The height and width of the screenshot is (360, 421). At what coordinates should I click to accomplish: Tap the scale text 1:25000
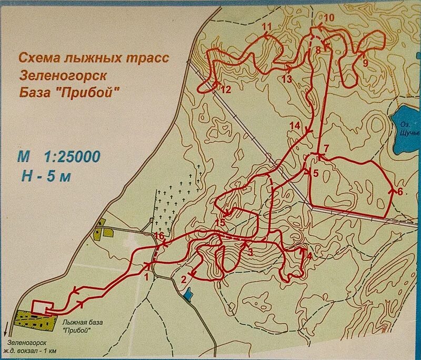71,156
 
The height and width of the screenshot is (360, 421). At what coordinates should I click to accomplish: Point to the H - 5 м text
46,176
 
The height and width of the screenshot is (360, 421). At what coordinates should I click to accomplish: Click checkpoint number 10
329,18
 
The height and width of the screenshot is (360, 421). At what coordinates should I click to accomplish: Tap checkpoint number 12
225,89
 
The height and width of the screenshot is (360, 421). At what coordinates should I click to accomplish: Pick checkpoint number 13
286,79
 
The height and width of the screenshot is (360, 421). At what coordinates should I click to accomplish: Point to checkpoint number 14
294,126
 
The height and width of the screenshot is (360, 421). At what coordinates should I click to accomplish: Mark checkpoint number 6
399,192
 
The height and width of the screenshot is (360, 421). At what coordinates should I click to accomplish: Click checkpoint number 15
220,223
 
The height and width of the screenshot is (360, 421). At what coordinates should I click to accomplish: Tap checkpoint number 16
160,237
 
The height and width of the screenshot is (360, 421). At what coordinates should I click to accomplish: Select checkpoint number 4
309,256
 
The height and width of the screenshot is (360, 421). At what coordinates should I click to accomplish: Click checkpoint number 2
184,279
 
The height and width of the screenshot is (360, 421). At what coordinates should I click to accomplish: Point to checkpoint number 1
146,274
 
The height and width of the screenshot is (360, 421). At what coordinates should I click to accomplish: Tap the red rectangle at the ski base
42,307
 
